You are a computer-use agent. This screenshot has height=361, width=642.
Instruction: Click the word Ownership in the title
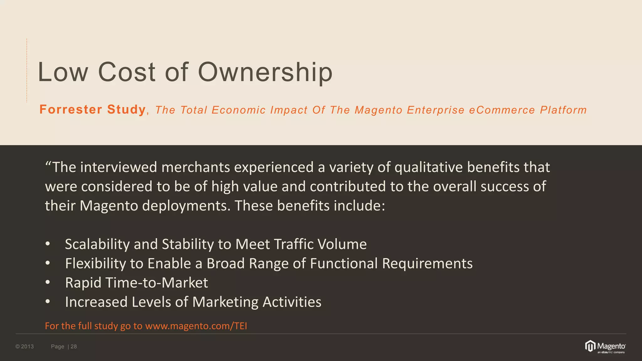click(x=265, y=72)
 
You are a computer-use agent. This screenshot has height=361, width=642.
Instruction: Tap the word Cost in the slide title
click(x=127, y=72)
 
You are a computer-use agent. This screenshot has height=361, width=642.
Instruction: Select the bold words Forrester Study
click(x=92, y=110)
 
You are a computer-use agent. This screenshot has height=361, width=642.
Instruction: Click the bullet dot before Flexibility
click(x=48, y=263)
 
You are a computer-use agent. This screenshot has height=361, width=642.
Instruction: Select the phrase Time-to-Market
click(x=157, y=283)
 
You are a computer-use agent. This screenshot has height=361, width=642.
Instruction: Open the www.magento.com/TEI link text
click(x=196, y=326)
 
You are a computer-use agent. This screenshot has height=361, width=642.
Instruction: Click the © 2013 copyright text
click(x=24, y=346)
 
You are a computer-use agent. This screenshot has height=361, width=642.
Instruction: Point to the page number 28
click(x=74, y=346)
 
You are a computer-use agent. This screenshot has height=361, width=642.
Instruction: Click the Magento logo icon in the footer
click(x=590, y=346)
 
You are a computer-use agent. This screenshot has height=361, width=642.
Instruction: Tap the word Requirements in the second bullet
click(x=427, y=264)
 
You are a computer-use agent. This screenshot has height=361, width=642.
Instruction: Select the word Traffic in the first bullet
click(x=294, y=244)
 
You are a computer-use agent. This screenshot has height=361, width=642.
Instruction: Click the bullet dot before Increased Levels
click(x=48, y=302)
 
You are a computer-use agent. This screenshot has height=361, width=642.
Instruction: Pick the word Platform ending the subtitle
click(x=563, y=110)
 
